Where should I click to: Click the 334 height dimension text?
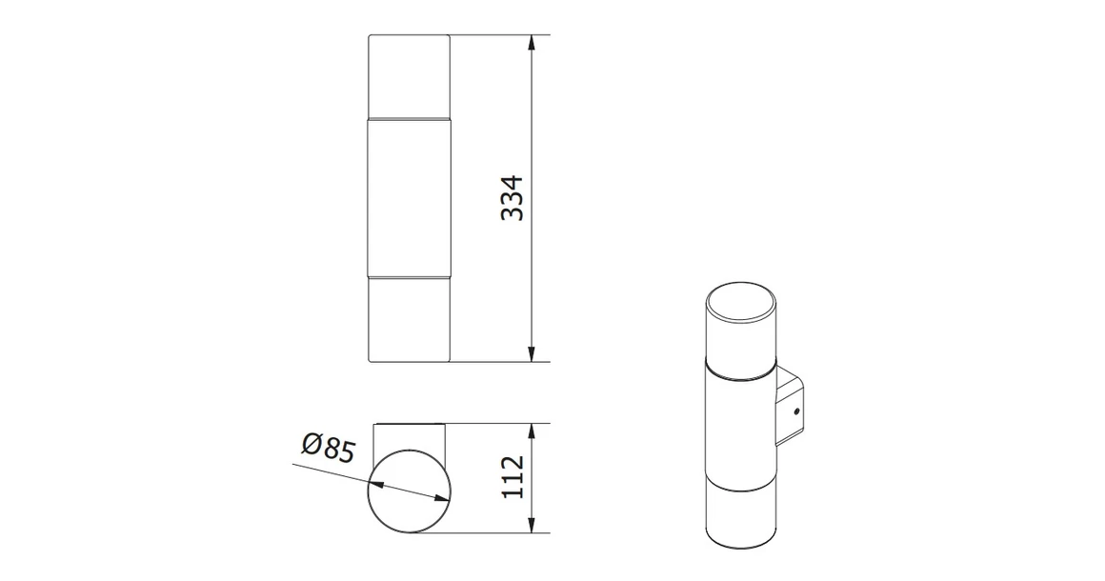[x=513, y=198]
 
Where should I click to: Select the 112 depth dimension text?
[x=513, y=477]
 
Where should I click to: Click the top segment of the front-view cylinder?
[x=409, y=76]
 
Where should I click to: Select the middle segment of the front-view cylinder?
[x=409, y=198]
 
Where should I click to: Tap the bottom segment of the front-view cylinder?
[x=409, y=320]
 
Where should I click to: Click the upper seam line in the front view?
[x=409, y=119]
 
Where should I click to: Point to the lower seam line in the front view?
[x=409, y=277]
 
